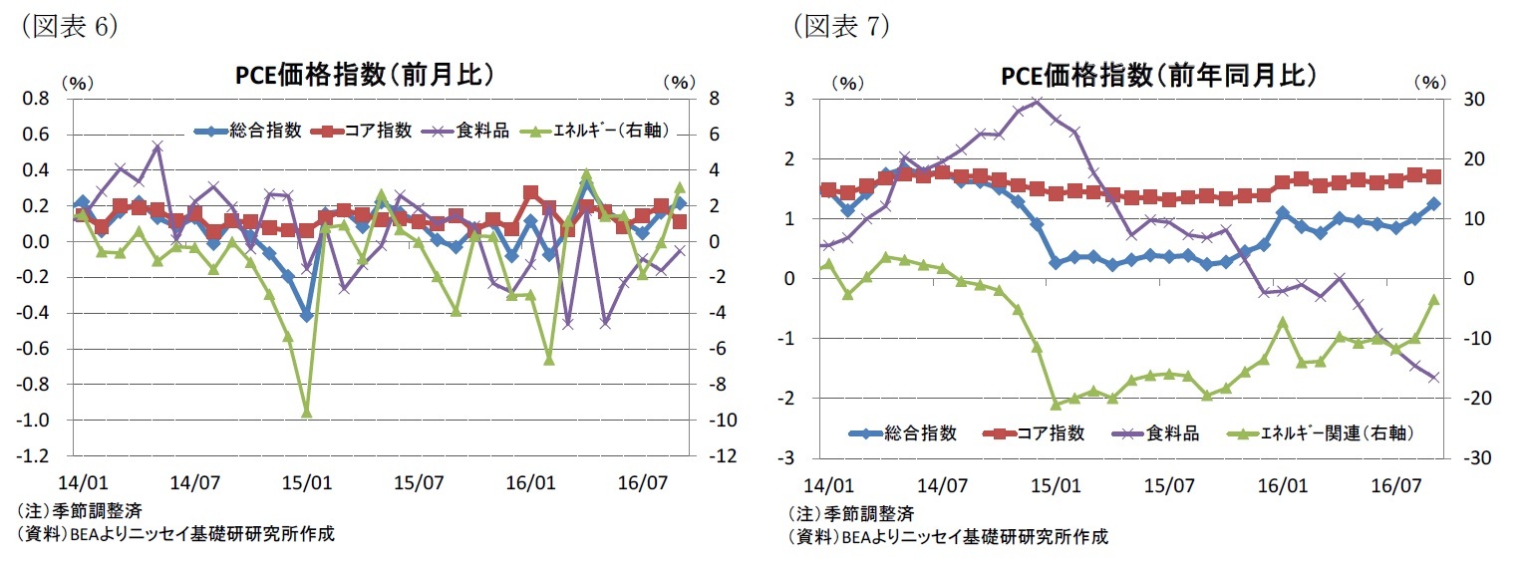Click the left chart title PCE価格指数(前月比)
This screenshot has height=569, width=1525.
pos(365,76)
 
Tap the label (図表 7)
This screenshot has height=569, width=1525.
pos(840,27)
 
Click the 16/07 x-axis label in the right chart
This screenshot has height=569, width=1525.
pos(1395,487)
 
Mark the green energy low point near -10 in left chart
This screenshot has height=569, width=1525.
pos(306,412)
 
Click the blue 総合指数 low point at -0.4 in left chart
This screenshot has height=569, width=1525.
pos(306,315)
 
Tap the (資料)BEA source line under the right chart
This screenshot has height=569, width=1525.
pos(947,537)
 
